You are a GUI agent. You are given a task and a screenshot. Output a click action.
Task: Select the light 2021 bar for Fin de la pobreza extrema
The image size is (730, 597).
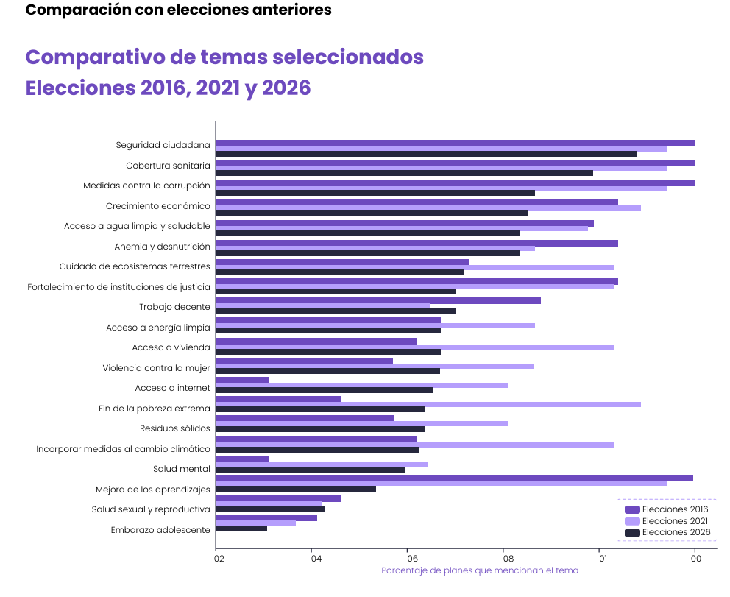(428, 404)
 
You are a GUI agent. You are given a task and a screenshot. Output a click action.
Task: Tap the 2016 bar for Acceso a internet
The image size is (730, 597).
(242, 380)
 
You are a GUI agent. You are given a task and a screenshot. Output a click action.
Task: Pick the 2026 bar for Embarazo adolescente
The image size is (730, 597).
(241, 529)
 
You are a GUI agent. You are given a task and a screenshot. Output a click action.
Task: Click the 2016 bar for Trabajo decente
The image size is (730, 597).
(378, 300)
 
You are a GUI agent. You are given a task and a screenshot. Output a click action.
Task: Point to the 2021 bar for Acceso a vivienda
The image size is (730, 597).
(414, 347)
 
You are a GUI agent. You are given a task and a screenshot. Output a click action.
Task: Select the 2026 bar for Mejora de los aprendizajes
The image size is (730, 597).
(296, 489)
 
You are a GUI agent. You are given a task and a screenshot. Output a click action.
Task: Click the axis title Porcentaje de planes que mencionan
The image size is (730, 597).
(479, 571)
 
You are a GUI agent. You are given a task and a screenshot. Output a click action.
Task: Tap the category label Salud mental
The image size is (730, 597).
(182, 469)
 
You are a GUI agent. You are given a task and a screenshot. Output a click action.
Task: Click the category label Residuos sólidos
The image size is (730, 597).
(175, 428)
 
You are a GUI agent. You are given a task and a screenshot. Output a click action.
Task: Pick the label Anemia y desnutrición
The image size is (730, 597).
(162, 247)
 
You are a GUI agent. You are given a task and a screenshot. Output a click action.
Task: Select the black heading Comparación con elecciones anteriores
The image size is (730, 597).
(178, 10)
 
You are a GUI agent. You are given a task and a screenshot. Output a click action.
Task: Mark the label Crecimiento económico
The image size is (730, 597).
(157, 206)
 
